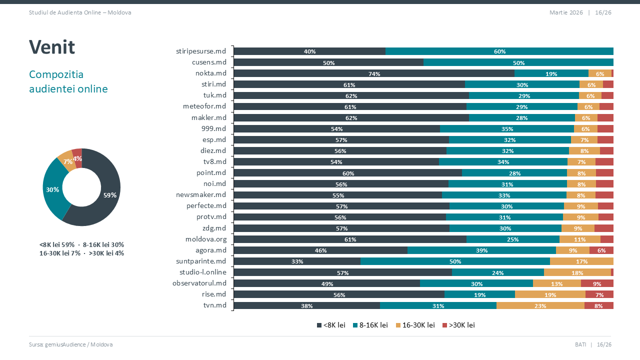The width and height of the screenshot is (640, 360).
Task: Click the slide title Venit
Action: coord(52,47)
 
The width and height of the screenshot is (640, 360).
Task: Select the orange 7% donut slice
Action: coord(65,160)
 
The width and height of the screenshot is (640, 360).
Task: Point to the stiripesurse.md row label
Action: coord(201,51)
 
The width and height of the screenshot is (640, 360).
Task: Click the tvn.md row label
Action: coord(214,305)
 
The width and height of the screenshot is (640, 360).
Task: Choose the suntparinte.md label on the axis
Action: coord(201,261)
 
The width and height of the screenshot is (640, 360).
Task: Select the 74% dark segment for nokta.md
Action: coord(374,73)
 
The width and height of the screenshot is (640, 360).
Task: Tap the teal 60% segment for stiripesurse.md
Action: coord(499,51)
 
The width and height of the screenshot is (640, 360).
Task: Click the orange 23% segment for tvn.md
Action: coord(540,305)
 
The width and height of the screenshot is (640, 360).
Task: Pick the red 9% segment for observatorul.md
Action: coord(597,283)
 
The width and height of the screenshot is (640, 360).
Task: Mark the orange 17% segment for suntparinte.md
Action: coord(581,261)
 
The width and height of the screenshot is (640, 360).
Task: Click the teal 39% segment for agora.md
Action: coord(481,250)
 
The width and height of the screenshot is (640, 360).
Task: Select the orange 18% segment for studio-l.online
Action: coord(577,272)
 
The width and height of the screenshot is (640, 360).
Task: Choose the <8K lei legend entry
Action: coord(331,325)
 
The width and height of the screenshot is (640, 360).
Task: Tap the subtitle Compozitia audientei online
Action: coord(68,81)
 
